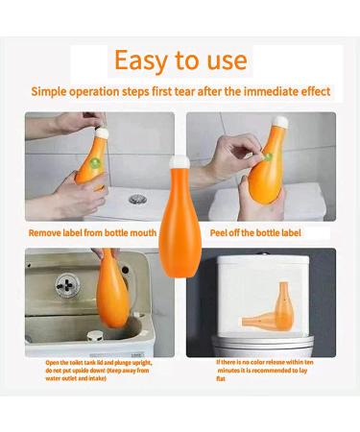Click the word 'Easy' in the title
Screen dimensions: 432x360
click(143, 60)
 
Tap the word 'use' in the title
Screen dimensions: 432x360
click(225, 60)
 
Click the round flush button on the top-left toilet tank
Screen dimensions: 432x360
click(138, 199)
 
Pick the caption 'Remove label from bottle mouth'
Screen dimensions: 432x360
click(99, 231)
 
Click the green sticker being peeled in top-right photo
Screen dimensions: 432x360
click(267, 156)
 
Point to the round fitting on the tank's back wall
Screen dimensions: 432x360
click(68, 285)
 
